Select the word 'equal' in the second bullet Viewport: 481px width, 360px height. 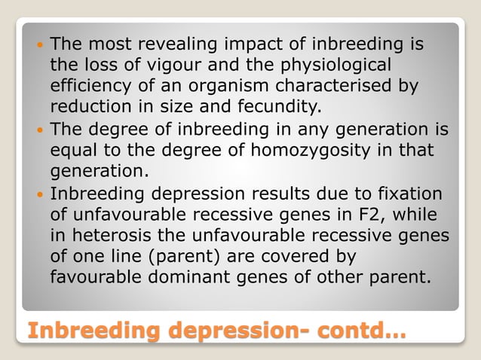coord(71,143)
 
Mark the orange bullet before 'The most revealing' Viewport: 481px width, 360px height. coord(39,45)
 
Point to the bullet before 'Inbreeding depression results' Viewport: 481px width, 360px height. coord(39,183)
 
